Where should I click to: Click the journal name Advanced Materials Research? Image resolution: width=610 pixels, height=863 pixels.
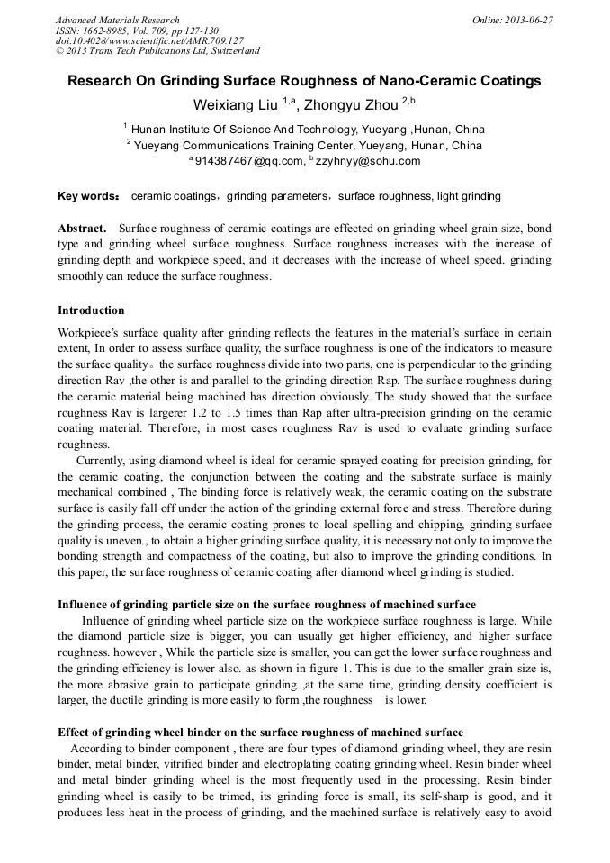point(117,20)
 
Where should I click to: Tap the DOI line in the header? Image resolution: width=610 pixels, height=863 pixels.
point(149,41)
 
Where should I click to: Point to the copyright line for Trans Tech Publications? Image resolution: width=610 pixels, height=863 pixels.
point(157,52)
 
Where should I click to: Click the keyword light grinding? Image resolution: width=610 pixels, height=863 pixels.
point(469,196)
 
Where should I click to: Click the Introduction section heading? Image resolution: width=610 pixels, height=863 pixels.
point(91,310)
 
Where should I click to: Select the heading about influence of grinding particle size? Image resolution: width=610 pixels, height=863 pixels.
point(266,605)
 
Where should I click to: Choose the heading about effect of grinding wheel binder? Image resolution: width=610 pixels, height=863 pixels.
point(260,733)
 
